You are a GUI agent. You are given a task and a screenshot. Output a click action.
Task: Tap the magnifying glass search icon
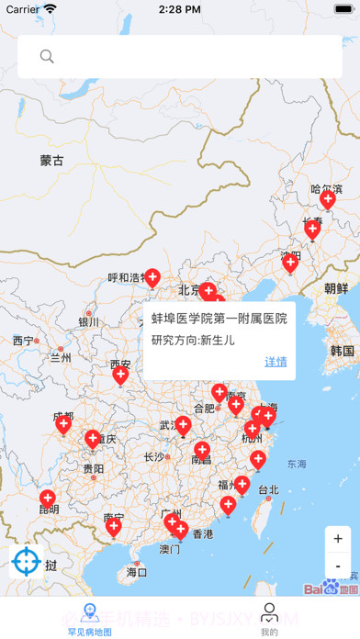(x=47, y=57)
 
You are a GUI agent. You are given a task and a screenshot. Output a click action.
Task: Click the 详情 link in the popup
(x=276, y=362)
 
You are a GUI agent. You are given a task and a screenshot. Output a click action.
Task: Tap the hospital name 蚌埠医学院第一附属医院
(x=219, y=319)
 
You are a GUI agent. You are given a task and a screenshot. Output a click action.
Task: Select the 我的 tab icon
(x=269, y=612)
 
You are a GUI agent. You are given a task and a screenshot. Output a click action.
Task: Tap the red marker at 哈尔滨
(x=327, y=199)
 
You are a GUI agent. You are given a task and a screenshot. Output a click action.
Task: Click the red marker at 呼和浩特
(x=152, y=276)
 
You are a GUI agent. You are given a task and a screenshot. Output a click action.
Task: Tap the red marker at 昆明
(x=48, y=499)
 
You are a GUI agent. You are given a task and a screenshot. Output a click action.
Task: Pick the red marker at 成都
(x=63, y=422)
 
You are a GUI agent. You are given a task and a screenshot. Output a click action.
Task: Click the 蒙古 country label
(x=52, y=161)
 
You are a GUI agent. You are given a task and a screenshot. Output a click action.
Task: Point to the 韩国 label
(x=342, y=351)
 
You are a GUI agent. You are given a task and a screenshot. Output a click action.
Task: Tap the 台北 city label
(x=267, y=489)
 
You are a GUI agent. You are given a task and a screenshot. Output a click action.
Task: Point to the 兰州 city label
(x=61, y=358)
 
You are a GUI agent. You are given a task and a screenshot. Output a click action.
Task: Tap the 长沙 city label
(x=153, y=456)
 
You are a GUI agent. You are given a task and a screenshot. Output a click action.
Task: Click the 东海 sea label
(x=297, y=464)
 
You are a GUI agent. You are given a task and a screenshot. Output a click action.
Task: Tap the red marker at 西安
(x=120, y=374)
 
